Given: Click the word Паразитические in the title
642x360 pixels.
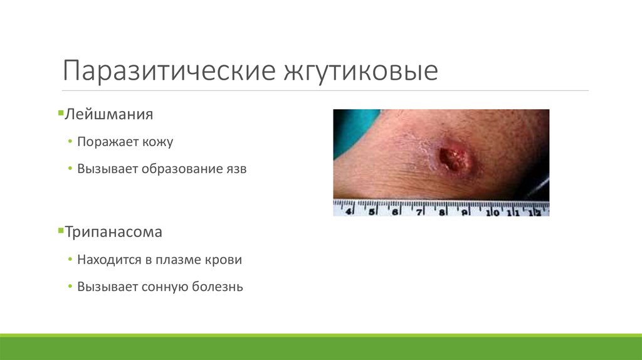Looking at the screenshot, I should pos(166,70).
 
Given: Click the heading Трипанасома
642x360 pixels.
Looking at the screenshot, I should pos(113,232).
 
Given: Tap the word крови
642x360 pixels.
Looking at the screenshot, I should pos(225,260).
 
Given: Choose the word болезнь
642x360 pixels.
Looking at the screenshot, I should pos(217,287).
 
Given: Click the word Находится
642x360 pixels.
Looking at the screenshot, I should pos(107,260).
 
